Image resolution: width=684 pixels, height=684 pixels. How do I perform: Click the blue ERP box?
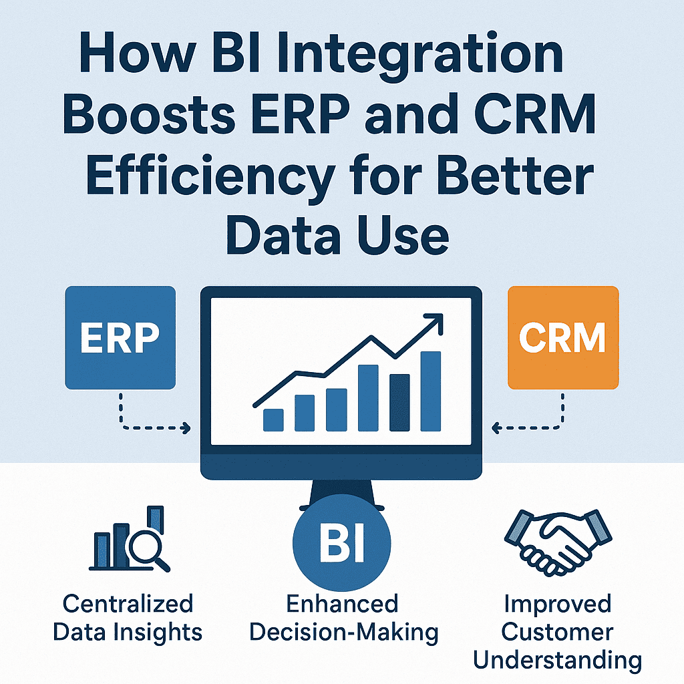[120, 337]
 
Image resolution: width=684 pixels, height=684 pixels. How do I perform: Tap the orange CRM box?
[563, 337]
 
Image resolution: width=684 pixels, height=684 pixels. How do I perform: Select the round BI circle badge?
[341, 543]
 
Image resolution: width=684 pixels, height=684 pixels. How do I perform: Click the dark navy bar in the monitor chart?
[399, 402]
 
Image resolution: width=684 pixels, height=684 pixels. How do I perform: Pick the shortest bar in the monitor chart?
[273, 419]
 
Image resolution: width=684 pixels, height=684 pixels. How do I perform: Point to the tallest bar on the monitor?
[431, 391]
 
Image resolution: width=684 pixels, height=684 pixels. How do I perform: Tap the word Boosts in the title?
[149, 114]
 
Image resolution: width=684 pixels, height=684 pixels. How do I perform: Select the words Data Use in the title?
[337, 236]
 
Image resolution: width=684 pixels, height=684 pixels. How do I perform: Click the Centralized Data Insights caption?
[128, 618]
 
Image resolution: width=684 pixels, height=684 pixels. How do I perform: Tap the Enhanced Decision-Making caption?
[344, 618]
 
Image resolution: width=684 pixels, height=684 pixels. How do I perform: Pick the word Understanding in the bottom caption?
[558, 661]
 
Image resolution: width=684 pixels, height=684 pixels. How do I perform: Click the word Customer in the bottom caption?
[558, 632]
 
